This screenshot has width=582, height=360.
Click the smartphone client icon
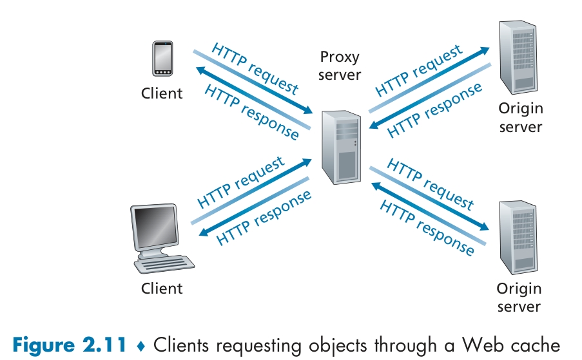(162, 60)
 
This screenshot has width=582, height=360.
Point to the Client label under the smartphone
(162, 93)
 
